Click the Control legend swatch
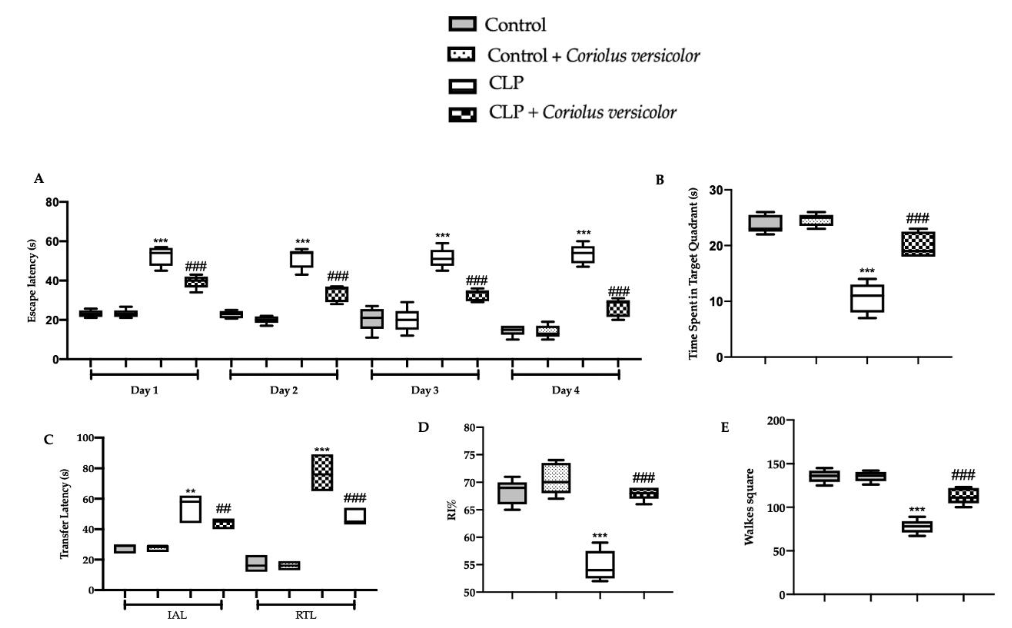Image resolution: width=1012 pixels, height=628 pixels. pyautogui.click(x=462, y=24)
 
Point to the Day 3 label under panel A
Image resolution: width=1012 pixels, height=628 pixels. pyautogui.click(x=424, y=390)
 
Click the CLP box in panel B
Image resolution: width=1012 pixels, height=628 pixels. pyautogui.click(x=867, y=298)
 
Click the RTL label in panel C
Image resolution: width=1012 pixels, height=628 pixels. pyautogui.click(x=306, y=615)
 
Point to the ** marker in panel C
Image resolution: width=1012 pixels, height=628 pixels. pyautogui.click(x=191, y=492)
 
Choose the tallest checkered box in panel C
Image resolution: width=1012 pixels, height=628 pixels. pyautogui.click(x=322, y=473)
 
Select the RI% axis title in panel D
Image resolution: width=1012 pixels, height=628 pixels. pyautogui.click(x=452, y=510)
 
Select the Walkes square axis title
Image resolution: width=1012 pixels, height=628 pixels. pyautogui.click(x=749, y=507)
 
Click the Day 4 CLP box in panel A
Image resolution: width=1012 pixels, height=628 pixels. pyautogui.click(x=583, y=254)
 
